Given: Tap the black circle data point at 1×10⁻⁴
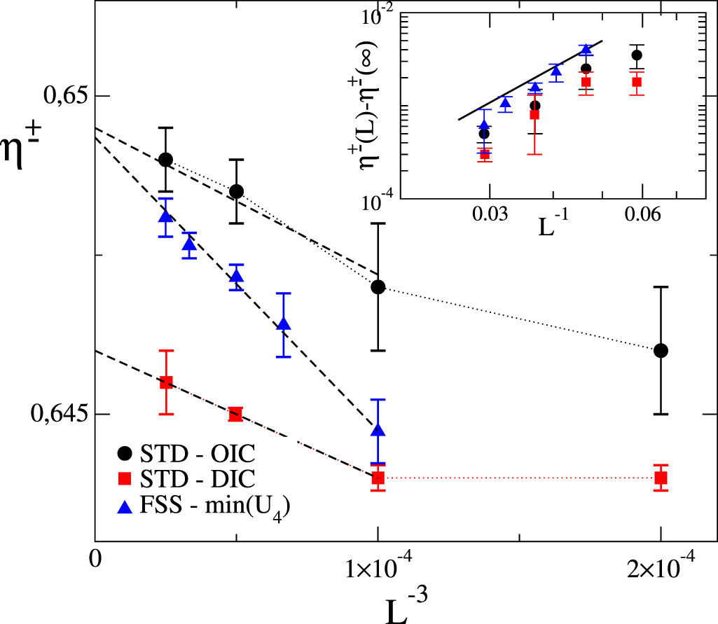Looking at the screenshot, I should (378, 286).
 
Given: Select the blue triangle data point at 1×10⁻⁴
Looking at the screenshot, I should (378, 430).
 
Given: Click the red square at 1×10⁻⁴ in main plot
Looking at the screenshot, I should (378, 478).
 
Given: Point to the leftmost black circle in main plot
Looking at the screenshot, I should (165, 159).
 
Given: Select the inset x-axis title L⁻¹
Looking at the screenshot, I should (556, 232).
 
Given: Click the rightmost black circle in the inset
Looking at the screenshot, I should (636, 55).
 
